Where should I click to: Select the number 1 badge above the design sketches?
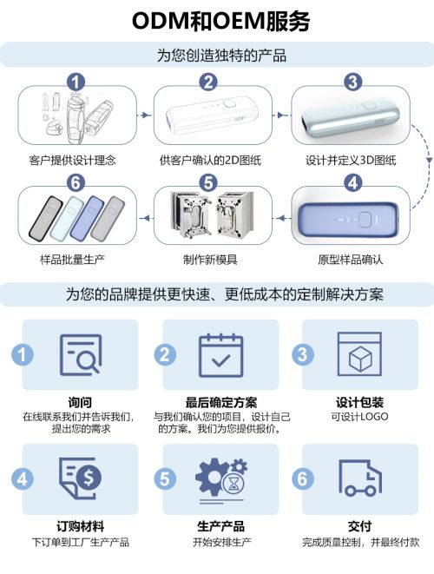pyautogui.click(x=76, y=82)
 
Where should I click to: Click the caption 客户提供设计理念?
pyautogui.click(x=72, y=161)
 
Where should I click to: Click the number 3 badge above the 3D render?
pyautogui.click(x=352, y=82)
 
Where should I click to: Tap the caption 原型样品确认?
pyautogui.click(x=351, y=261)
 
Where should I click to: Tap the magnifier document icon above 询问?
pyautogui.click(x=79, y=354)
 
